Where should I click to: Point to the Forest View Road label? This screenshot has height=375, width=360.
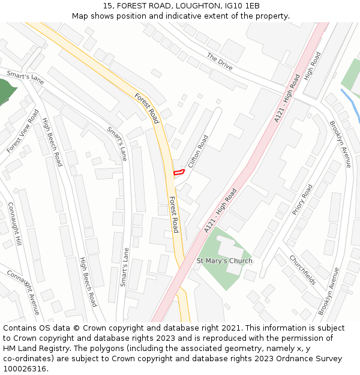pyautogui.click(x=23, y=131)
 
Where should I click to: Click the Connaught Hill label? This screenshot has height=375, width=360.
pyautogui.click(x=14, y=223)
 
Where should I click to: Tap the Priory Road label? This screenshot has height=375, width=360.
pyautogui.click(x=302, y=199)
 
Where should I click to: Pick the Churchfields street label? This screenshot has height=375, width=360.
pyautogui.click(x=302, y=269)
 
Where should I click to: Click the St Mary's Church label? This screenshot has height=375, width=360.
pyautogui.click(x=224, y=261)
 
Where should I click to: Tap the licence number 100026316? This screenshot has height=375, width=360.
pyautogui.click(x=26, y=368)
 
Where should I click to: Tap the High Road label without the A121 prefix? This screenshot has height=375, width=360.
pyautogui.click(x=312, y=67)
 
